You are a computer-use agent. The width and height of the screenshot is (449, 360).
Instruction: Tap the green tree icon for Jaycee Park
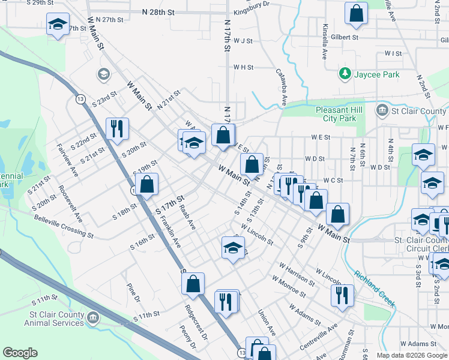[345, 74]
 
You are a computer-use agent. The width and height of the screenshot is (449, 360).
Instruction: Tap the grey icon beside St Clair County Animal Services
[93, 317]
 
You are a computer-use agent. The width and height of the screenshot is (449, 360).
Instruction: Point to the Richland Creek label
[375, 287]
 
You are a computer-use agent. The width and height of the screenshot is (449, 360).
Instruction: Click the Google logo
[20, 353]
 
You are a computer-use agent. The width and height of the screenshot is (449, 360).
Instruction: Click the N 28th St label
[158, 12]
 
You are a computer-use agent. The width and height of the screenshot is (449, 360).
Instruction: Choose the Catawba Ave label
[281, 88]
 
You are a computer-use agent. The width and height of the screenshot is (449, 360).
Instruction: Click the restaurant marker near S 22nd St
[116, 128]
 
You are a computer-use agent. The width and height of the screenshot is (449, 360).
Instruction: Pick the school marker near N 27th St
[58, 23]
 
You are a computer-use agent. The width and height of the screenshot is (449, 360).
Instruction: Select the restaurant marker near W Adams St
[342, 295]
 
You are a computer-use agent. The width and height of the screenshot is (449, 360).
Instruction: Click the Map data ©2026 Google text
[411, 355]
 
